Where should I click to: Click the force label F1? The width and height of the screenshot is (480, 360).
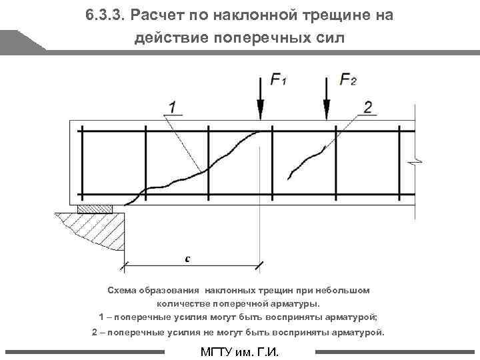pyautogui.click(x=279, y=81)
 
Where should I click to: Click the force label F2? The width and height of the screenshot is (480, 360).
pyautogui.click(x=348, y=81)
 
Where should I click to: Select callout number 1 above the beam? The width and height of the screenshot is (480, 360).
pyautogui.click(x=172, y=107)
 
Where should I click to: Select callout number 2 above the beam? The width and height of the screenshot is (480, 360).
pyautogui.click(x=369, y=107)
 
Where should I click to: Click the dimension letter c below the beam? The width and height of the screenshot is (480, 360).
pyautogui.click(x=188, y=259)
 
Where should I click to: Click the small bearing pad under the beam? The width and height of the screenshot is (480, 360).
pyautogui.click(x=95, y=209)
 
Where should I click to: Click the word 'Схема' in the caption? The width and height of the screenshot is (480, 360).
pyautogui.click(x=124, y=291)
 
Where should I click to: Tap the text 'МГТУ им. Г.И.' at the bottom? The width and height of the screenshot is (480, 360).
pyautogui.click(x=239, y=352)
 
